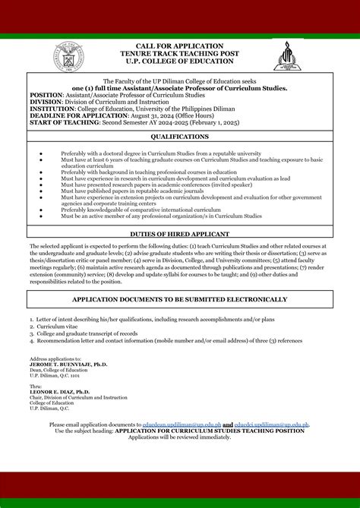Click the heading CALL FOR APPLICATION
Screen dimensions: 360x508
pyautogui.click(x=179, y=46)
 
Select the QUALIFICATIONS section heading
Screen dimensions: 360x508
pyautogui.click(x=180, y=137)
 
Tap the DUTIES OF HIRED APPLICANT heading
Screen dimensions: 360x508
pyautogui.click(x=180, y=235)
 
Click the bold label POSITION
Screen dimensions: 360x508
pyautogui.click(x=46, y=94)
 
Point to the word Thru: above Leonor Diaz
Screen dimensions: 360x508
pyautogui.click(x=36, y=385)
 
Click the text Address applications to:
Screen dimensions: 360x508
pyautogui.click(x=55, y=358)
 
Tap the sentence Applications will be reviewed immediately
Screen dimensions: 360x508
pyautogui.click(x=179, y=437)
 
